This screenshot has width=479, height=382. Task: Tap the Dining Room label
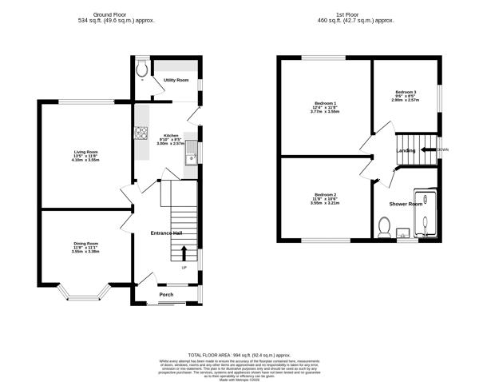click(86, 243)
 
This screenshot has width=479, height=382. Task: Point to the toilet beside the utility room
click(141, 71)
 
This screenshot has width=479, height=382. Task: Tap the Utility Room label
click(176, 81)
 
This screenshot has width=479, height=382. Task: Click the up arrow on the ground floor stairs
click(184, 253)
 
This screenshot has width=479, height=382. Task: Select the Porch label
click(166, 295)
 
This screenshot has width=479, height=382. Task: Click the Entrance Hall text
click(167, 233)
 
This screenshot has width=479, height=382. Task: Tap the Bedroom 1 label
click(324, 104)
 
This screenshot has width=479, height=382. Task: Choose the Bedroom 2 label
click(324, 195)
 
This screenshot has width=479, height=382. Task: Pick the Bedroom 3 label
click(405, 93)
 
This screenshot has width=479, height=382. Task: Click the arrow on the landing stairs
click(428, 149)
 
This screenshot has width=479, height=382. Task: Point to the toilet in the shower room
click(382, 229)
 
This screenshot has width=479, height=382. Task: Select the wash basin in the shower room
click(404, 234)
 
